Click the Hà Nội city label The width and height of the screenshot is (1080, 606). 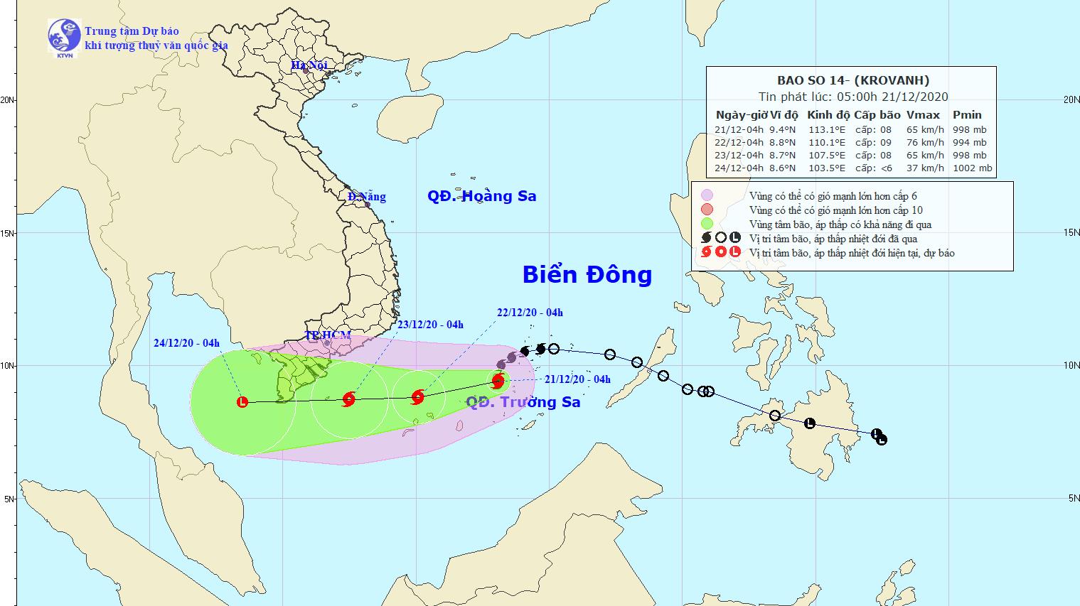[309, 65]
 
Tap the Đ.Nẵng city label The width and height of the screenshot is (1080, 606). [367, 197]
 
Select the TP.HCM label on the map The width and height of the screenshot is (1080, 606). [327, 335]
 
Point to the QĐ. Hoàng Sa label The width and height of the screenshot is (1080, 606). [481, 196]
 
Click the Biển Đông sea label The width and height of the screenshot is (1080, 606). [587, 274]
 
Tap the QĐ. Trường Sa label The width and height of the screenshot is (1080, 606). [523, 402]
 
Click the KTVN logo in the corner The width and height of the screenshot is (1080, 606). [63, 38]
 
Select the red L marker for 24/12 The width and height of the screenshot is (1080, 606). [242, 402]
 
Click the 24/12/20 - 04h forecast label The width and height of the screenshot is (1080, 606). [186, 343]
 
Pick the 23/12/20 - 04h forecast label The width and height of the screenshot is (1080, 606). [430, 325]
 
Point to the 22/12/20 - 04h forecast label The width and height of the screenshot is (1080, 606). [530, 313]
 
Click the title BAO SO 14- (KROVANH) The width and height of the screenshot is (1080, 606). [852, 81]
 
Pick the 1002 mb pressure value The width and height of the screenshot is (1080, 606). [972, 168]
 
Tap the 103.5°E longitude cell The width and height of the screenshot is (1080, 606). [827, 168]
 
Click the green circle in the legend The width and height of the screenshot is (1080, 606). [707, 224]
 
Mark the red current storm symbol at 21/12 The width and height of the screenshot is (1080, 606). [498, 381]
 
